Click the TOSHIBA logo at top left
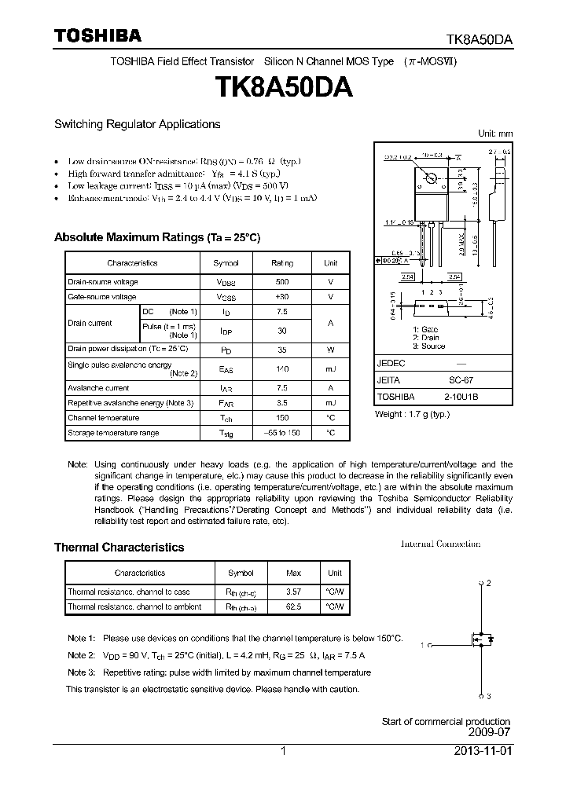click(97, 35)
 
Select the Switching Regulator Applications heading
click(137, 124)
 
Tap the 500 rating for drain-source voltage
click(282, 281)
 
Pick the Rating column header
click(282, 263)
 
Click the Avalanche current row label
click(97, 387)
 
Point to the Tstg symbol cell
click(226, 432)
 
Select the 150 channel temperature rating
click(282, 418)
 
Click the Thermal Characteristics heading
click(119, 548)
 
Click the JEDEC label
click(391, 364)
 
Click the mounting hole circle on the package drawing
click(430, 180)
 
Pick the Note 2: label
click(81, 655)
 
